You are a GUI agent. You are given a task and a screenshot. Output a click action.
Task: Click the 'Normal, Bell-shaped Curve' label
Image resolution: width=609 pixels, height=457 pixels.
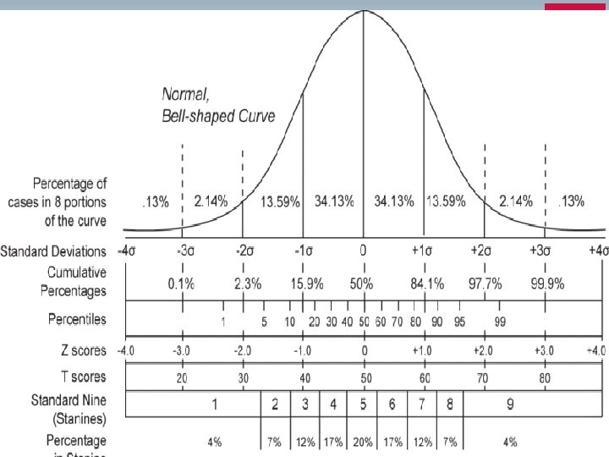pyautogui.click(x=218, y=107)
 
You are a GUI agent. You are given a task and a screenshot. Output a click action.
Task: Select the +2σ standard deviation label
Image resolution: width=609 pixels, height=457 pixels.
pyautogui.click(x=484, y=251)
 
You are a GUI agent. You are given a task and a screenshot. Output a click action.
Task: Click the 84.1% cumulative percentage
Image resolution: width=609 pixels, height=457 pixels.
pyautogui.click(x=426, y=284)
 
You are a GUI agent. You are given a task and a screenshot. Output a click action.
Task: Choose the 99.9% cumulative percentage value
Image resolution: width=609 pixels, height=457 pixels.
pyautogui.click(x=547, y=284)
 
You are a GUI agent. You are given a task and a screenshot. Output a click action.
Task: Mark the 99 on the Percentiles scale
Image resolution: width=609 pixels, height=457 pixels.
pyautogui.click(x=500, y=322)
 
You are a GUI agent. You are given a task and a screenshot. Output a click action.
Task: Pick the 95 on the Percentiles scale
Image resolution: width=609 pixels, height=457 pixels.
pyautogui.click(x=459, y=322)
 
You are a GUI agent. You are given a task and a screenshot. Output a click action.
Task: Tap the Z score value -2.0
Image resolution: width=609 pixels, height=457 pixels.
pyautogui.click(x=242, y=350)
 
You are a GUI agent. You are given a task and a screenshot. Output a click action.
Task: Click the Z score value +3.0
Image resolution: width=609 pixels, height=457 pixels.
pyautogui.click(x=545, y=350)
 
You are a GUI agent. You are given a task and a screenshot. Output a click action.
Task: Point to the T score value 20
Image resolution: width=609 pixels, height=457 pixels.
pyautogui.click(x=182, y=378)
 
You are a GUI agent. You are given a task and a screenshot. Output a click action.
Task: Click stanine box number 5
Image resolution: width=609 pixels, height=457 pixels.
pyautogui.click(x=363, y=405)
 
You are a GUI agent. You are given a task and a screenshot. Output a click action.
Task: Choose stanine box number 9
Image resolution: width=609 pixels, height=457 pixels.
pyautogui.click(x=510, y=405)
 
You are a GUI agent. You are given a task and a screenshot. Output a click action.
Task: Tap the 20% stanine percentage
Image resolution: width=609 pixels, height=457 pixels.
pyautogui.click(x=363, y=442)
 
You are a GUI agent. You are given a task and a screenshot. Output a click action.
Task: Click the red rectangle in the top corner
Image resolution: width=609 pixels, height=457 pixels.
pyautogui.click(x=576, y=7)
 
